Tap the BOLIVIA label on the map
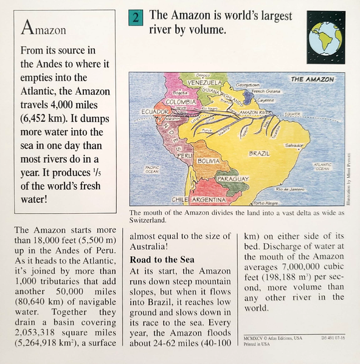[x=208, y=161]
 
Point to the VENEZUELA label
[x=204, y=83]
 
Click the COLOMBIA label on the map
[x=181, y=102]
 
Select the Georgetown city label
[x=248, y=84]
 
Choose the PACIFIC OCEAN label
[x=152, y=168]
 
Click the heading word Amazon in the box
[x=44, y=28]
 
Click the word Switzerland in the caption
[x=147, y=220]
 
